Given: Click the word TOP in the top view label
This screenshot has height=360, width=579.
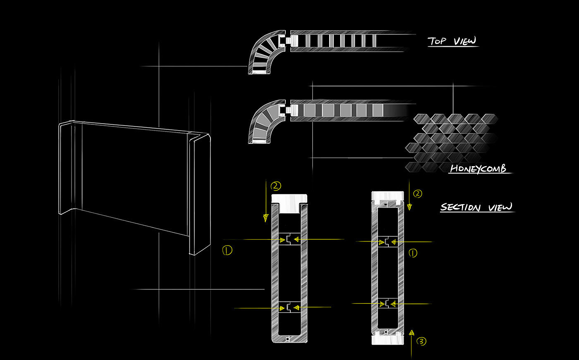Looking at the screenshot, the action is [437, 41].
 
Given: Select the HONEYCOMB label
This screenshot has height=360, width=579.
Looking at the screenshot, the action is [478, 169].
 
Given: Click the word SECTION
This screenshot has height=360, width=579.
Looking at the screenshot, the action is [461, 207].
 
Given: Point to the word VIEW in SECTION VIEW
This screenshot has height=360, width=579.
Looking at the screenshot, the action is [500, 207].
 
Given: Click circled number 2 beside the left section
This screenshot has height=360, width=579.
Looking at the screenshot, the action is [275, 186].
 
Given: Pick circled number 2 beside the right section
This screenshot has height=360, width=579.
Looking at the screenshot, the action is [418, 194].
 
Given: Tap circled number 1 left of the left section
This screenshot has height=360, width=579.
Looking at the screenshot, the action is [227, 250].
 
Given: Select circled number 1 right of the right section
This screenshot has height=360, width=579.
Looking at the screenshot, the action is [413, 253].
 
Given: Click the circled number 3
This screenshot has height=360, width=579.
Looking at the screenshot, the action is [421, 341].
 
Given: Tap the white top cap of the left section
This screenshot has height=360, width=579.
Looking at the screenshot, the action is [289, 203].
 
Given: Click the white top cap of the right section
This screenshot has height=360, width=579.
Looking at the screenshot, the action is [388, 196].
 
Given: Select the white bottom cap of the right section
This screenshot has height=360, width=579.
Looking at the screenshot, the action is [388, 340].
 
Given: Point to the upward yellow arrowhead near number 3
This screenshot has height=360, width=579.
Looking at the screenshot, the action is [412, 333].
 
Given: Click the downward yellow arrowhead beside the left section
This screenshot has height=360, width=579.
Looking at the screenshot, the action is [266, 218].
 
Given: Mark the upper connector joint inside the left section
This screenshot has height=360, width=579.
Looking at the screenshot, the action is [290, 239].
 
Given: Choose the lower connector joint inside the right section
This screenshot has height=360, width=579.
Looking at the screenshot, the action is [388, 304].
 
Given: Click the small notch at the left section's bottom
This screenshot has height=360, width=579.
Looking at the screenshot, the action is [287, 339].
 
